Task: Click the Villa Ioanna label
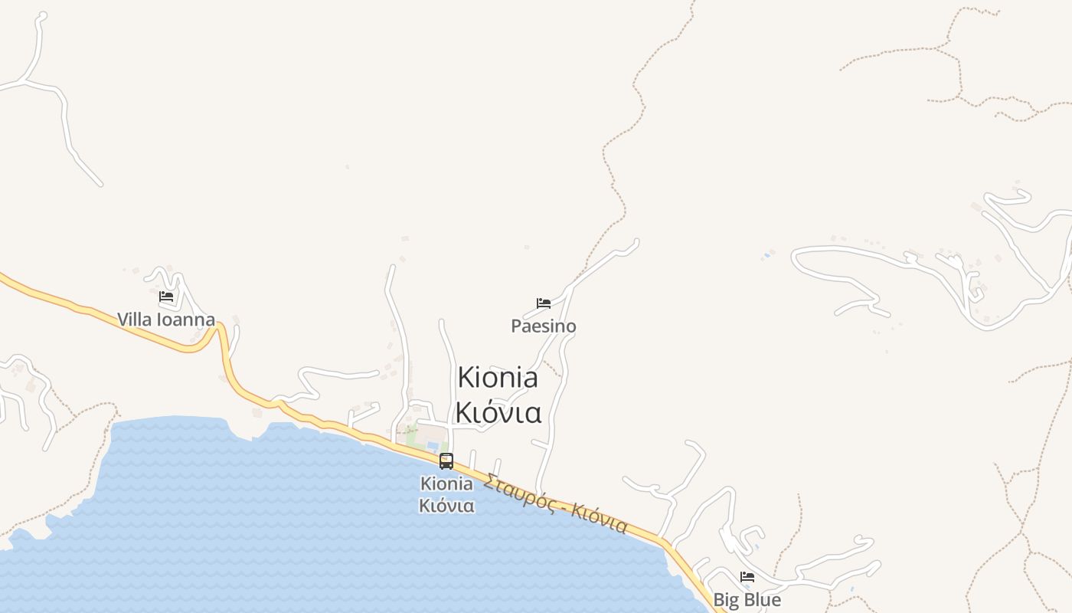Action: coord(166,320)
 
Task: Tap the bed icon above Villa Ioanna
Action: coord(166,297)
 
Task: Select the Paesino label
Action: coord(544,326)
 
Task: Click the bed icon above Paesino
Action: coord(544,303)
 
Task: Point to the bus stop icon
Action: coord(446,461)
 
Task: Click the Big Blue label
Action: coord(747,600)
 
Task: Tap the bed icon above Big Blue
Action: coord(747,577)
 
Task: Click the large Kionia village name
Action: coord(498,377)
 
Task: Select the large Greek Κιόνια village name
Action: coord(498,412)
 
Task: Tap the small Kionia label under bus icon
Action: coord(446,484)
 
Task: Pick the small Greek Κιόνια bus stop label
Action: coord(446,506)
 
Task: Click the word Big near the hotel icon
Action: coord(726,600)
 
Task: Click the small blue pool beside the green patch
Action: coord(433,445)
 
